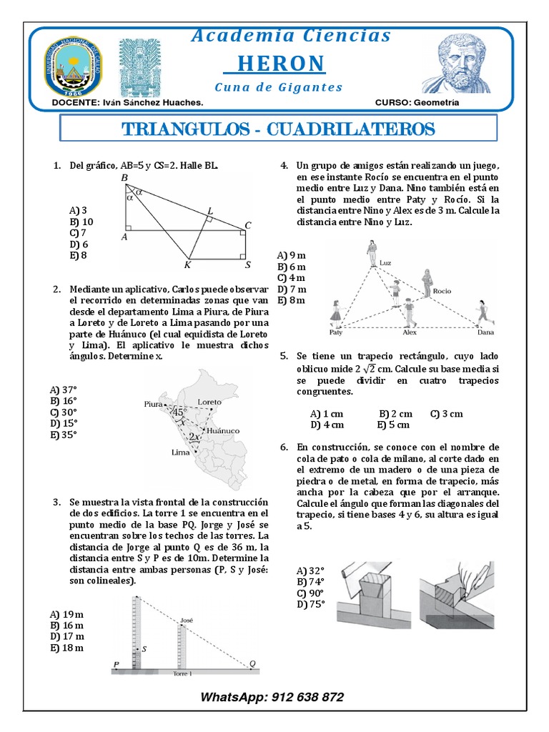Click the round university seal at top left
74,66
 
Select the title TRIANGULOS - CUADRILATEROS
279,129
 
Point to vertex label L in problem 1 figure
209,210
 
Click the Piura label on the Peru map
153,403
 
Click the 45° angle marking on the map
179,412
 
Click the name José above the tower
187,620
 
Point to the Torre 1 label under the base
183,673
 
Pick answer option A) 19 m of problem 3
66,614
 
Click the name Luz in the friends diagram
387,262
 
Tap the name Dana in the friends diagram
486,332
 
